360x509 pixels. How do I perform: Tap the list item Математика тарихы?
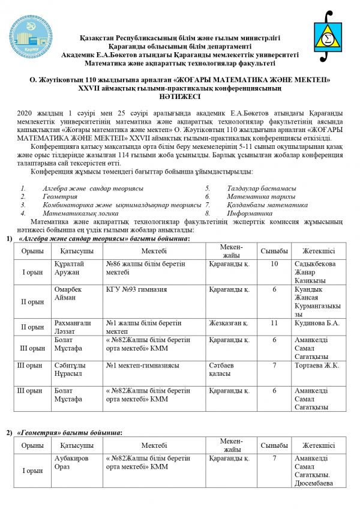click(x=261, y=196)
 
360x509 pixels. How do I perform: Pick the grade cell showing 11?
click(x=274, y=323)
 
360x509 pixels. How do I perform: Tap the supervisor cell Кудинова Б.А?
click(x=317, y=323)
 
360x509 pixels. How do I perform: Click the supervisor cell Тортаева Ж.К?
click(x=317, y=365)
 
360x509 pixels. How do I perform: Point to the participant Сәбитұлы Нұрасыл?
click(x=70, y=369)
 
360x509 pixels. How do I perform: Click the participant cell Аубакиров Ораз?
click(x=71, y=462)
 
